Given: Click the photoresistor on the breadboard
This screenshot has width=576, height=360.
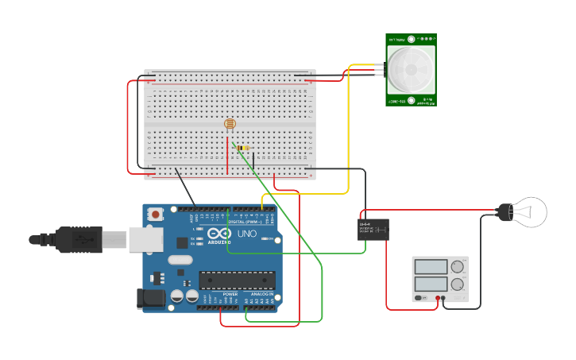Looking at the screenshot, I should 230,124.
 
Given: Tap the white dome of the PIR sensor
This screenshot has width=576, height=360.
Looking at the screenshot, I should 412,69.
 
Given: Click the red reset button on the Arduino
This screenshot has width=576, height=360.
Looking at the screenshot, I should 156,214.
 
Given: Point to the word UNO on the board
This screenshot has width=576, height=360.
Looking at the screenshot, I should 247,234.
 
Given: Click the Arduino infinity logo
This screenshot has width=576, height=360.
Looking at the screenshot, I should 219,234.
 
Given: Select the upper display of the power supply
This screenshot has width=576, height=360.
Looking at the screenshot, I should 431,267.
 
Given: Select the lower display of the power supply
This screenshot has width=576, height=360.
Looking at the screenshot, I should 431,283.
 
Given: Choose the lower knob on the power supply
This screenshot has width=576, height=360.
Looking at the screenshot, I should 458,284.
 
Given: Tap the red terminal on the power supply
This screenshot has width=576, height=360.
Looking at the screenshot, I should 436,298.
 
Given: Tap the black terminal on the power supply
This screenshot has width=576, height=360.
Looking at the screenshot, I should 444,298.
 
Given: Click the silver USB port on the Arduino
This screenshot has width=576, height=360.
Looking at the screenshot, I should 145,238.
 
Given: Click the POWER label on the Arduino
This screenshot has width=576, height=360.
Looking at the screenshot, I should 230,294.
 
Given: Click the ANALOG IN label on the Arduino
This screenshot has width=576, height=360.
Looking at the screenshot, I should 261,294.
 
